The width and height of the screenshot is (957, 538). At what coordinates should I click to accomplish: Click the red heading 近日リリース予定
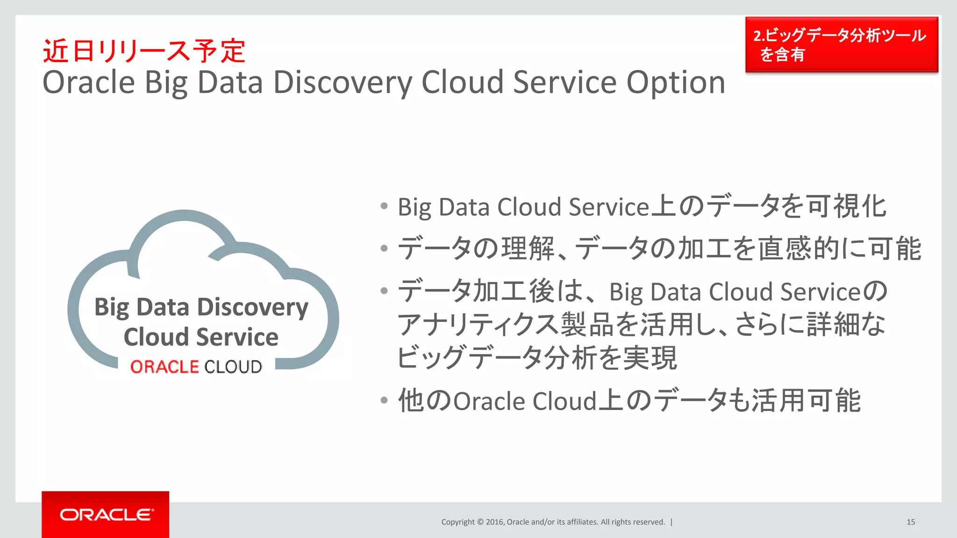pyautogui.click(x=144, y=51)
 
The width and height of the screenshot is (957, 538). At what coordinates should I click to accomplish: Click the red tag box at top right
pyautogui.click(x=841, y=45)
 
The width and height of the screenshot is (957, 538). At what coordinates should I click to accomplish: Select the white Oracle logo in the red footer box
pyautogui.click(x=106, y=515)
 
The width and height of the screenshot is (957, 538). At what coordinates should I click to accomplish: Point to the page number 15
pyautogui.click(x=910, y=522)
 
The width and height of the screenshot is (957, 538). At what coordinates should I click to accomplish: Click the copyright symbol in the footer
pyautogui.click(x=480, y=522)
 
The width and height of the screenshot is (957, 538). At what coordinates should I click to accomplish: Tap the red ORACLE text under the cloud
pyautogui.click(x=164, y=367)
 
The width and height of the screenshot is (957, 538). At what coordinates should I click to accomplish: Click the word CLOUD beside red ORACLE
pyautogui.click(x=233, y=367)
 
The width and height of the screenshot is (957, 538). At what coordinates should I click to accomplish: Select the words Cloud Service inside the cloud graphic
pyautogui.click(x=201, y=337)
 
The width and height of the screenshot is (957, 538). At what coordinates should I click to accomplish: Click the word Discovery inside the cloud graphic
pyautogui.click(x=252, y=308)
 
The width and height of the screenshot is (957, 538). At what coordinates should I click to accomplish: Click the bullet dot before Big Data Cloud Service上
pyautogui.click(x=384, y=206)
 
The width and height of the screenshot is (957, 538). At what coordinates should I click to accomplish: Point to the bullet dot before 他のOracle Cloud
pyautogui.click(x=384, y=400)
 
